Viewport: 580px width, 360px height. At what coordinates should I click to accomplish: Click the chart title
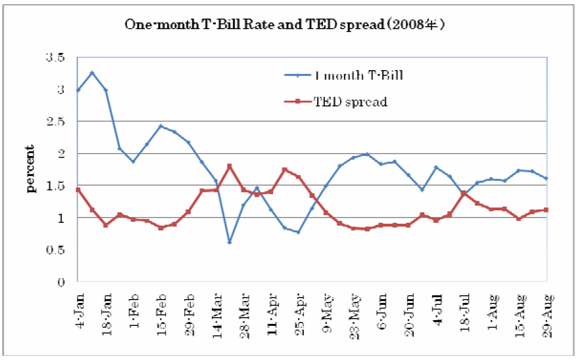coord(284,24)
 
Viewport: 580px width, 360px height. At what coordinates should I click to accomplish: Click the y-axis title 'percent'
coord(30,169)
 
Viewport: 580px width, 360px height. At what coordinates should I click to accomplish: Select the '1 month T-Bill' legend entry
coord(344,75)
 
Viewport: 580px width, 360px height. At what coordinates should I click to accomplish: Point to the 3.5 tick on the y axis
coord(55,57)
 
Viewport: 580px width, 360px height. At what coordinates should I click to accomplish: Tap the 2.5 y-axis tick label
coord(55,122)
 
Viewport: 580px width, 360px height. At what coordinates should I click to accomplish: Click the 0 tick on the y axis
coord(61,282)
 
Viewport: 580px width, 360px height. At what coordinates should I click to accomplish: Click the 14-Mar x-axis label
coord(217,316)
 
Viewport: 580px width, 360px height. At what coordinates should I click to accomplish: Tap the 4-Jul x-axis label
coord(438,310)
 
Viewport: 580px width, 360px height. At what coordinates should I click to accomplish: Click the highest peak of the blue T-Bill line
coord(92,73)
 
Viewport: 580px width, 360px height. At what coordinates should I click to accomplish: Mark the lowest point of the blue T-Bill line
coord(229,243)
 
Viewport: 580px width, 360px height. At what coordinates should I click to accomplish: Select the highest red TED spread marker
coord(229,166)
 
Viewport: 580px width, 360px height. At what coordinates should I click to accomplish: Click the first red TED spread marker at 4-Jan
coord(78,190)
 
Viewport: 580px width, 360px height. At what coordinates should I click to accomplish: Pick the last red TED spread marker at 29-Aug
coord(546,210)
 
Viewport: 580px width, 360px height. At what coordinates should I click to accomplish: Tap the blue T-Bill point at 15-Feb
coord(161,126)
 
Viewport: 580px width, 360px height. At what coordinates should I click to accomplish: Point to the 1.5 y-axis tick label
coord(55,186)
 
